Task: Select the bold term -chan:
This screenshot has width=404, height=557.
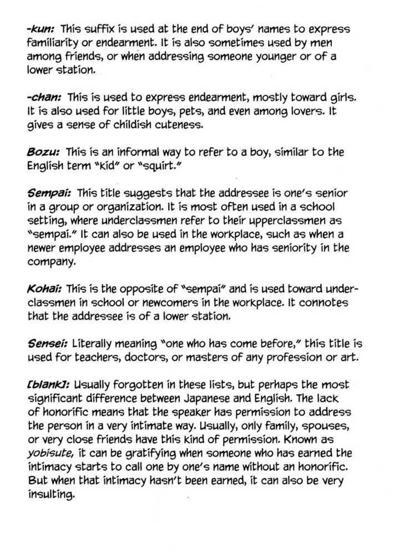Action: click(44, 98)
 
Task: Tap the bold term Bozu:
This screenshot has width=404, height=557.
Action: click(44, 152)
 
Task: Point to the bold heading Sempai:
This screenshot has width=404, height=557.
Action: click(48, 193)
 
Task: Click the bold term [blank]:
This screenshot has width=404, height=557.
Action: click(48, 384)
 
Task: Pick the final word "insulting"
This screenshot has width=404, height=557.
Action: click(50, 495)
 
